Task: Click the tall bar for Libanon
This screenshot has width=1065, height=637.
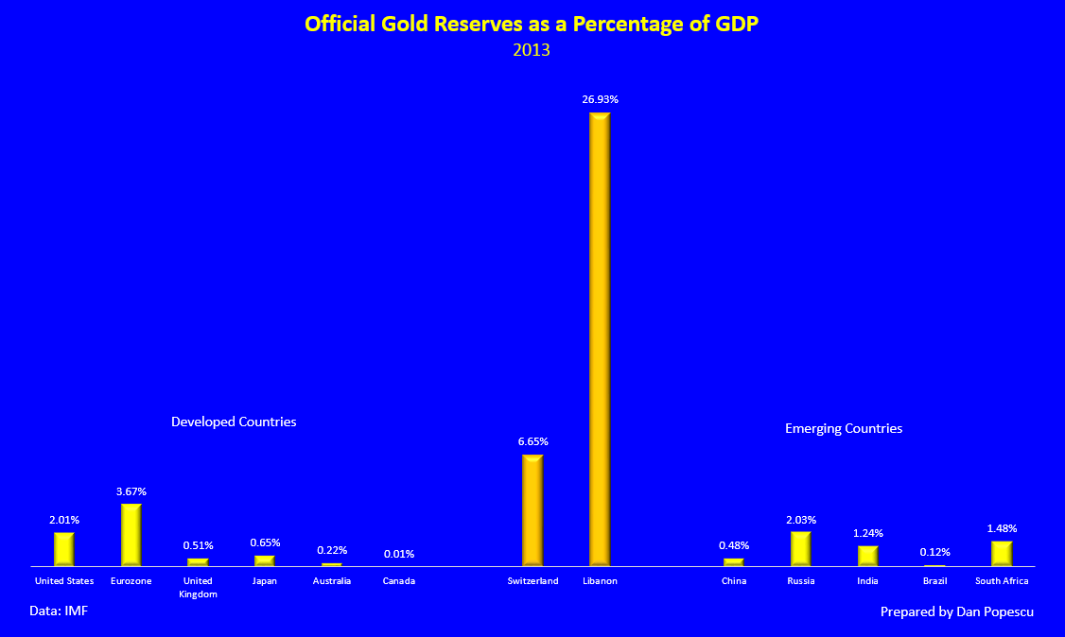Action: click(x=600, y=338)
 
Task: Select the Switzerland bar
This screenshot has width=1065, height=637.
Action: click(x=532, y=510)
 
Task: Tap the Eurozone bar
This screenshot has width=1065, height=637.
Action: click(x=131, y=535)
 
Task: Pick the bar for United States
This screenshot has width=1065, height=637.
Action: click(x=63, y=549)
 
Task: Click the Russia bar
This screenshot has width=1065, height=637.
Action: click(x=800, y=548)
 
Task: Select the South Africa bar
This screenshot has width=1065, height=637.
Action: click(x=1002, y=553)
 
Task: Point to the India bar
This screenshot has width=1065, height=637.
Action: click(x=867, y=556)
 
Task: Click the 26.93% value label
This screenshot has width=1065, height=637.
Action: click(x=600, y=99)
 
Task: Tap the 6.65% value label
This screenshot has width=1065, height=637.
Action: click(x=532, y=441)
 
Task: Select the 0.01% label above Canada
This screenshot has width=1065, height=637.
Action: click(x=398, y=554)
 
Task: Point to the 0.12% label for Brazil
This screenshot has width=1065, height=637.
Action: click(x=934, y=552)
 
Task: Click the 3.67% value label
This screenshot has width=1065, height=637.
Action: click(x=131, y=491)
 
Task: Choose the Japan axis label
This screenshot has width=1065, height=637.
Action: click(x=265, y=581)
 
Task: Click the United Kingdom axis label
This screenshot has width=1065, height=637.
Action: click(x=198, y=587)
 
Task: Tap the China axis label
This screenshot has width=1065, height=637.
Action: click(x=734, y=581)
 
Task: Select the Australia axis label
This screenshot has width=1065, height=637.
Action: click(x=332, y=581)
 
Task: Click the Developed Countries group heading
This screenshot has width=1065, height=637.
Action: click(x=234, y=422)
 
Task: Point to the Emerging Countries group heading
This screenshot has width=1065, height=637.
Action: click(x=844, y=428)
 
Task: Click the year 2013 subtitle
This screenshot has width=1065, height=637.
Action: click(x=532, y=50)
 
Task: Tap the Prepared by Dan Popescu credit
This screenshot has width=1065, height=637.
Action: click(x=956, y=611)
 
